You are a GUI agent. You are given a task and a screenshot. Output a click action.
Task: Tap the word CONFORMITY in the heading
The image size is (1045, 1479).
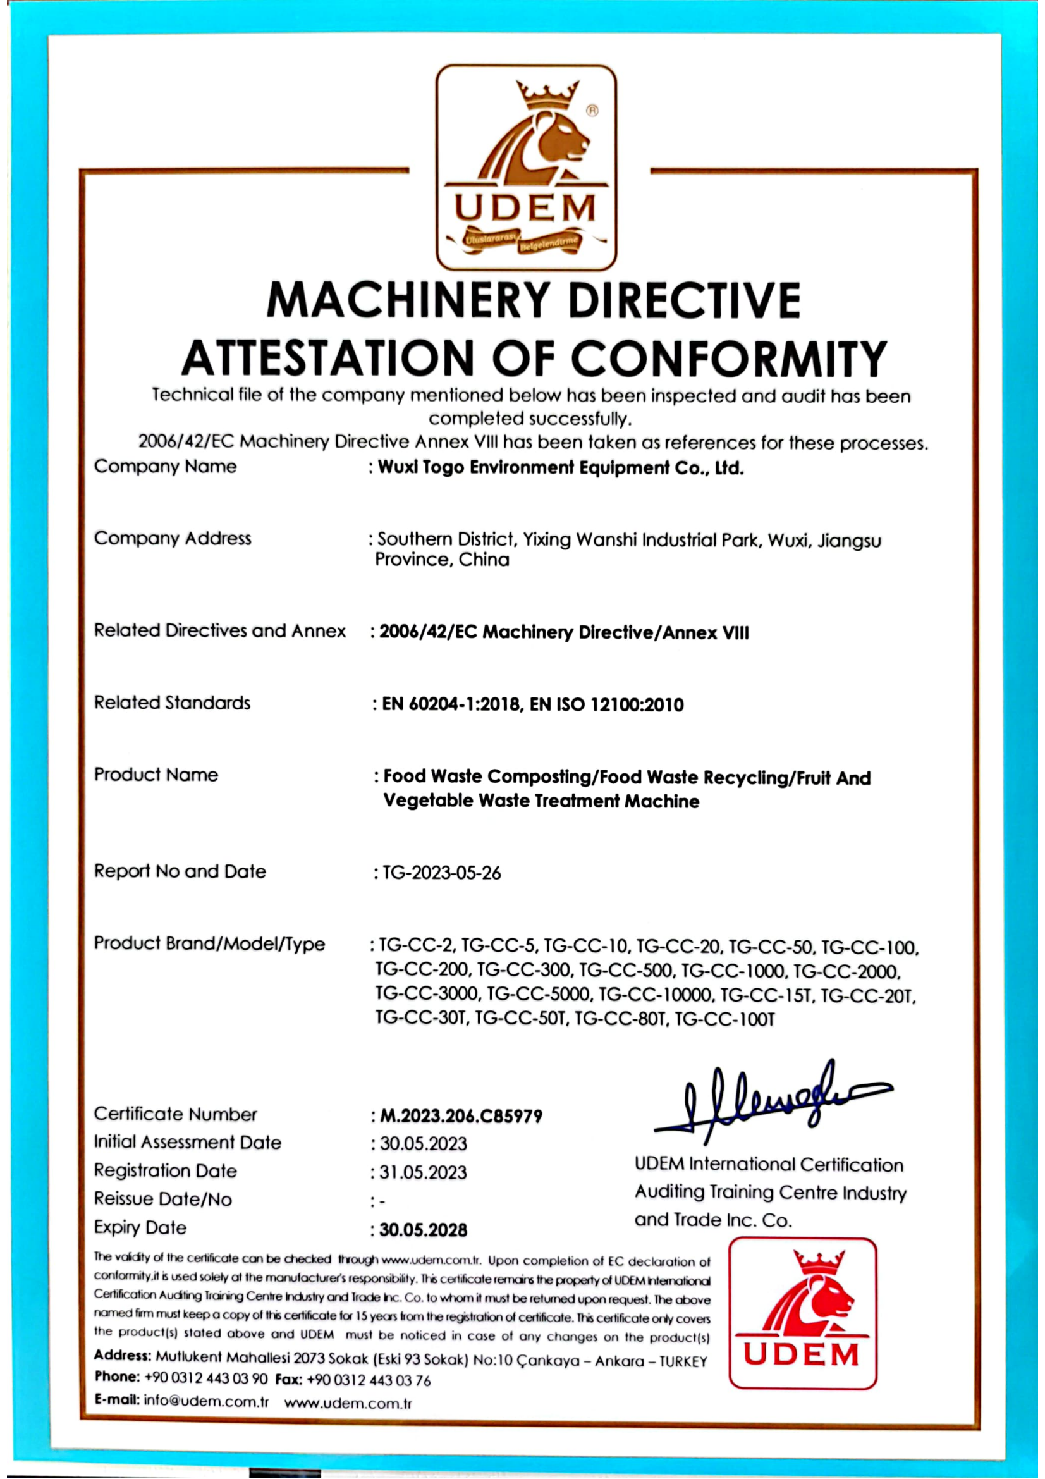coord(729,358)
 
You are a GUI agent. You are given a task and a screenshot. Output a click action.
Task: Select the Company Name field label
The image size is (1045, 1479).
coord(165,467)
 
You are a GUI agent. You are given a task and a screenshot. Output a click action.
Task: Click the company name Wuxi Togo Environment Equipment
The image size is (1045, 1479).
coord(560,469)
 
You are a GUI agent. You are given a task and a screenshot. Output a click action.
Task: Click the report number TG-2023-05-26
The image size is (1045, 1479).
coord(442,873)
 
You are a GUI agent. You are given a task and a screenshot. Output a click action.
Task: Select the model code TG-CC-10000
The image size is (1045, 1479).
coord(656,995)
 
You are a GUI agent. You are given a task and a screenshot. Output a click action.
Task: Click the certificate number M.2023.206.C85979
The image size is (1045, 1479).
coord(461,1116)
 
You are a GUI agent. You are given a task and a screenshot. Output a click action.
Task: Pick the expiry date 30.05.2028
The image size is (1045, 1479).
coord(423,1230)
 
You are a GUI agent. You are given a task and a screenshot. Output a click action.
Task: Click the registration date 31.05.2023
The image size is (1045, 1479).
coord(423,1172)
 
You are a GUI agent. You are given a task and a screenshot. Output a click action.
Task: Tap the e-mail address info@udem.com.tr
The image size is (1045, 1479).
coord(206,1401)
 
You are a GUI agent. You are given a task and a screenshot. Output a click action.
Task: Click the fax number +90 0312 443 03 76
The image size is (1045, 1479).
coord(369,1380)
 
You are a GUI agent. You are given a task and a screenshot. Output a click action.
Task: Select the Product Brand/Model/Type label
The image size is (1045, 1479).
coord(209,943)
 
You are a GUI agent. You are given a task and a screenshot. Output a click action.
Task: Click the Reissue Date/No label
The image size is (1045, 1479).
coord(163,1199)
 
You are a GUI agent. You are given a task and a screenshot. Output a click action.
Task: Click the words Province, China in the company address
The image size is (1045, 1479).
coord(443,560)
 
